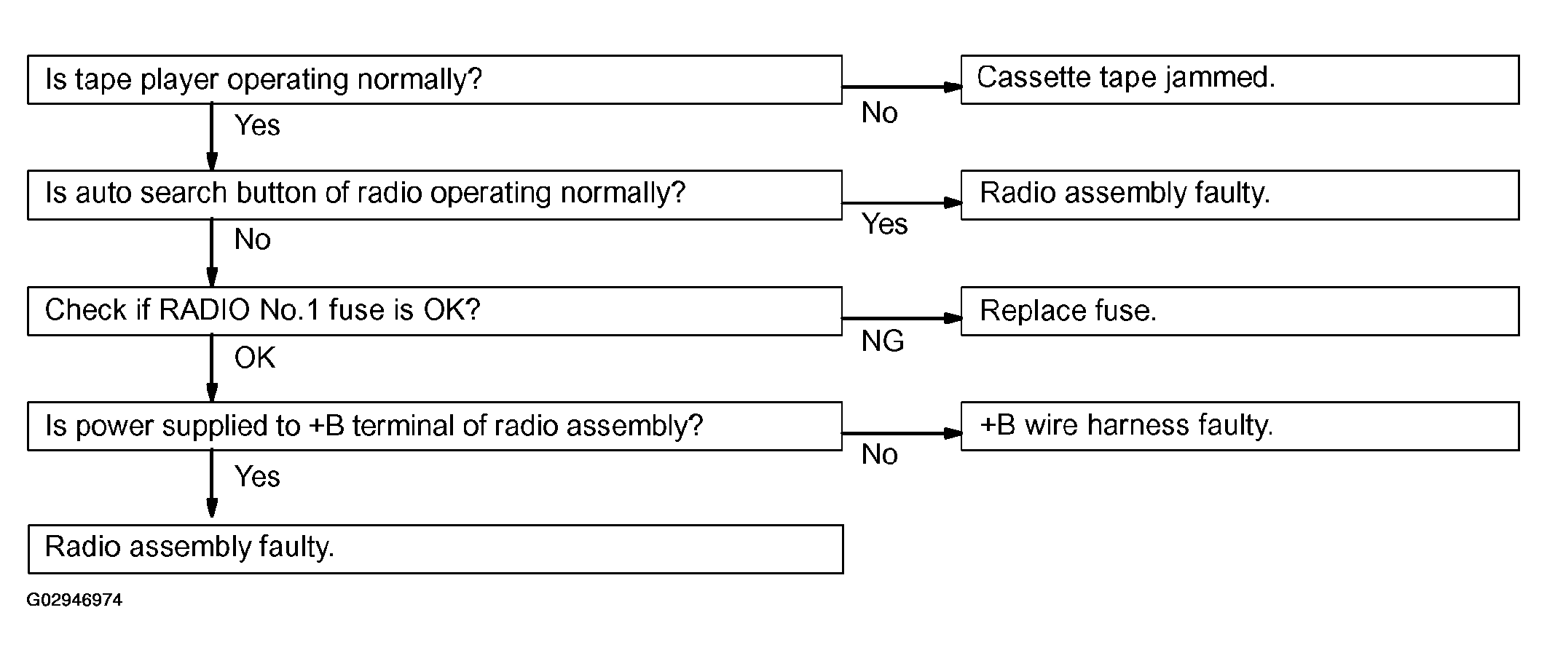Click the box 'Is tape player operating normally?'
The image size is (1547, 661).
point(435,79)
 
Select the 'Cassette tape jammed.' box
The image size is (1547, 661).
point(1240,79)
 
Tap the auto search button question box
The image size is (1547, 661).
point(435,195)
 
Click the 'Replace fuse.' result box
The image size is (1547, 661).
point(1240,311)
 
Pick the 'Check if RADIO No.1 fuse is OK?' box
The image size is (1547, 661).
point(435,311)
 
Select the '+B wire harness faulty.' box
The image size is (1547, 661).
point(1240,426)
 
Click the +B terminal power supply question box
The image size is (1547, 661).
point(435,426)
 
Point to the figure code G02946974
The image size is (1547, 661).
point(74,600)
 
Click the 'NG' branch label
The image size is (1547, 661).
point(883,341)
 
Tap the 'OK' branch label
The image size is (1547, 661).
point(255,357)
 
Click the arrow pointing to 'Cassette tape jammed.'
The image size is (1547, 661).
point(902,87)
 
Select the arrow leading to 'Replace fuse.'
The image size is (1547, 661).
point(902,318)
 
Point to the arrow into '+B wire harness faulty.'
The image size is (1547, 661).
point(902,433)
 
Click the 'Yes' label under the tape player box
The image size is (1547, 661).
point(257,125)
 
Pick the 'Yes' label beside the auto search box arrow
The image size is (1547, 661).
point(885,224)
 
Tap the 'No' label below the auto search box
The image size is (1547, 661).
point(253,240)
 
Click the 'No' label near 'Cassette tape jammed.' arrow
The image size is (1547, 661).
point(880,113)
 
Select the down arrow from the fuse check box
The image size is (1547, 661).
point(212,368)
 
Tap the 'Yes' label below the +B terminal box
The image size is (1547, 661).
point(257,477)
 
